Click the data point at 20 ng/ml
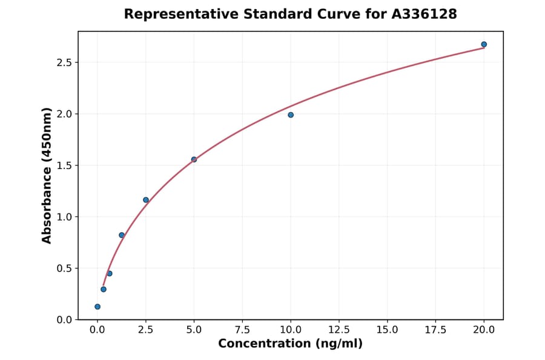pos(484,44)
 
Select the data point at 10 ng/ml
pos(291,115)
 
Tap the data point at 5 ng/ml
pos(194,159)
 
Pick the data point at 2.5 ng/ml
pos(146,200)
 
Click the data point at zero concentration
pos(97,307)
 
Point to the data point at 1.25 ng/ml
pos(122,235)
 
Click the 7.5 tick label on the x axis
pos(242,330)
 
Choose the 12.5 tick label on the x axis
pos(339,330)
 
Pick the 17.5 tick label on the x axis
pos(435,330)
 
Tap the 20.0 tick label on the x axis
pos(484,330)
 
